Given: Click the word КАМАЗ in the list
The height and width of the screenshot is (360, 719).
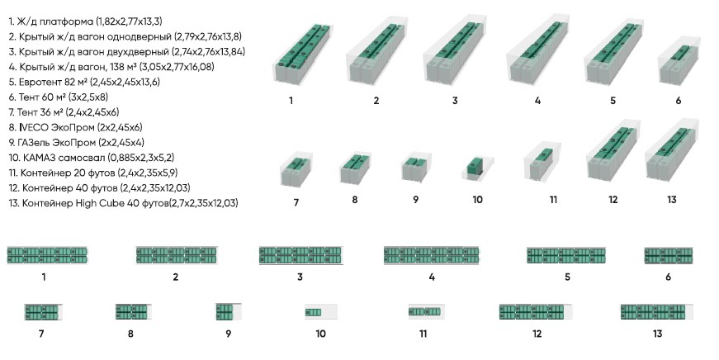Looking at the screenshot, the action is click(x=40, y=158).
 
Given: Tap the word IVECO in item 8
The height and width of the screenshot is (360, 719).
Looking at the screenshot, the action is click(x=34, y=127).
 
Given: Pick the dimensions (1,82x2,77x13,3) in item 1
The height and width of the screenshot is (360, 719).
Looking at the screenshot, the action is click(x=129, y=21).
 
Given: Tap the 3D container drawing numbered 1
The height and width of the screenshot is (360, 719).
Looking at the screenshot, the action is click(x=303, y=54).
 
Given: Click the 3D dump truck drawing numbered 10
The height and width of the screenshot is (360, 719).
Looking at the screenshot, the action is click(x=477, y=168).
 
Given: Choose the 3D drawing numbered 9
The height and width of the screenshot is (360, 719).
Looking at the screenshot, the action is click(x=415, y=168).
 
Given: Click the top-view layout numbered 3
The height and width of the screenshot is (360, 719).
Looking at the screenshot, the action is click(x=300, y=255).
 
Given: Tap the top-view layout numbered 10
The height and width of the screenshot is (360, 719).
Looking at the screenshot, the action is click(x=321, y=312).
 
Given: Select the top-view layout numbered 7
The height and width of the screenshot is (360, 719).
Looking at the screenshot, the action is click(x=43, y=312).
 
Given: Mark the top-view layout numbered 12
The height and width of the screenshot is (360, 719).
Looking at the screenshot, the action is click(x=536, y=312).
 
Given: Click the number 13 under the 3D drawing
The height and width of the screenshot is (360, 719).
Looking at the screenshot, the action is click(x=672, y=200).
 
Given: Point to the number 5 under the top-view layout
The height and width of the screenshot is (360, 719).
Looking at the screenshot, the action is click(x=568, y=277).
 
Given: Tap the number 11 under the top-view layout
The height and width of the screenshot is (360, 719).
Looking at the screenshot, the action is click(x=423, y=334).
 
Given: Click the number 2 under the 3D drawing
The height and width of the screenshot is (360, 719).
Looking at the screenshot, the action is click(x=376, y=101).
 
